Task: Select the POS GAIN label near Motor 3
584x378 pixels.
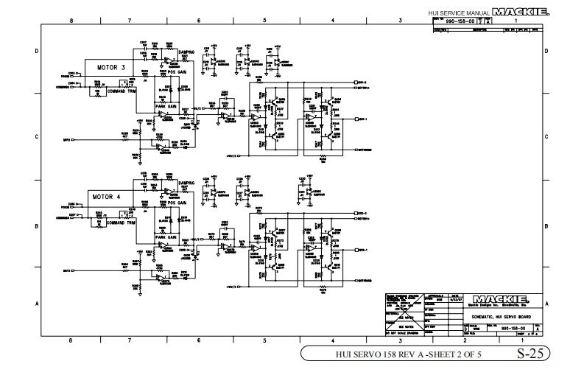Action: [177, 72]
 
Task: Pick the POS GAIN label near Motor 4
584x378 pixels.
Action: [177, 202]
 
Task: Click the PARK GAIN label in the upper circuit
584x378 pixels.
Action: [167, 107]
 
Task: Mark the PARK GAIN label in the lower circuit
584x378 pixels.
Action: [167, 237]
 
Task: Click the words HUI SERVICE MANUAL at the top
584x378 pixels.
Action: [462, 13]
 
